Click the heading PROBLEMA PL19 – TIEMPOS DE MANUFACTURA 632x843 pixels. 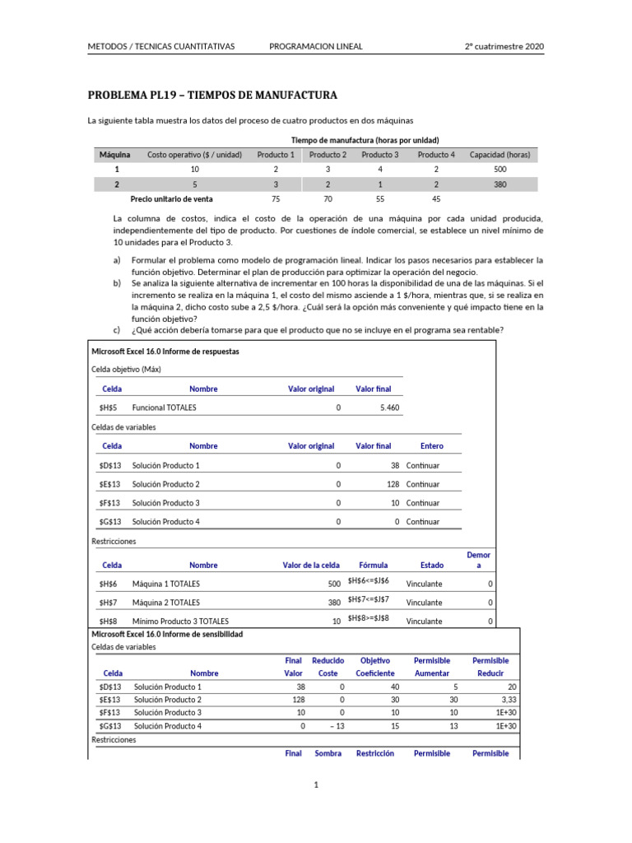212,95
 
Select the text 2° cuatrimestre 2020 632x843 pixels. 504,46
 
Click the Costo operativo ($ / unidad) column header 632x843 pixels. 194,155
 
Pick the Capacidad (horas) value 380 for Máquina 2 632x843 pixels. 500,184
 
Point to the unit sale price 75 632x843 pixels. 275,199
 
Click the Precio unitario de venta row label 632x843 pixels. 171,199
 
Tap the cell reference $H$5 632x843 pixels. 109,408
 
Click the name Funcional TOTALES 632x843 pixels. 164,408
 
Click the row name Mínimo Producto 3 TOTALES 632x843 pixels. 180,622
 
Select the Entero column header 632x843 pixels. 431,446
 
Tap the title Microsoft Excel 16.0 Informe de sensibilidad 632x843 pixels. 166,635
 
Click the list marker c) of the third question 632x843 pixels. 118,331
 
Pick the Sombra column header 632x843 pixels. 328,753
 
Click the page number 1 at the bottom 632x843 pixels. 316,785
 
